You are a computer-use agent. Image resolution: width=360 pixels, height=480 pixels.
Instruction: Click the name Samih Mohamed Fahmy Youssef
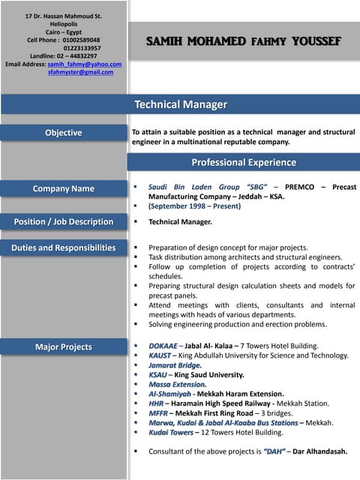point(244,40)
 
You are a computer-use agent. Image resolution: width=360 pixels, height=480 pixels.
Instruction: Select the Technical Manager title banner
point(180,104)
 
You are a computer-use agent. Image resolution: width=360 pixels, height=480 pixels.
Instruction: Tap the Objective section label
point(63,133)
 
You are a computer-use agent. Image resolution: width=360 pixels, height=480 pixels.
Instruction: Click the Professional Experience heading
point(244,162)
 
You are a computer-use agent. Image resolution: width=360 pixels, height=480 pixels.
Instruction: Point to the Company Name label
point(63,189)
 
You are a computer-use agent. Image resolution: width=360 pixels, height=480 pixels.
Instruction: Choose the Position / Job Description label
point(63,222)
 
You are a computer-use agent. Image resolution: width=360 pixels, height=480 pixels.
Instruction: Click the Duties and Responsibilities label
point(63,247)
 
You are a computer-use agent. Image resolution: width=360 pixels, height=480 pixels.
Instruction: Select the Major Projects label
point(63,347)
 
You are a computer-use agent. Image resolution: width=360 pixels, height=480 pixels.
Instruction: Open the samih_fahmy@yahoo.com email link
point(84,64)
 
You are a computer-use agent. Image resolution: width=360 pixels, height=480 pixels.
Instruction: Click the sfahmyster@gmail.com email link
point(80,73)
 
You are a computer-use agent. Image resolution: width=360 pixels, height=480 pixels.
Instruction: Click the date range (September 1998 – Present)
point(194,205)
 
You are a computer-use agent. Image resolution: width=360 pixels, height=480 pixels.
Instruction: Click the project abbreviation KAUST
point(160,355)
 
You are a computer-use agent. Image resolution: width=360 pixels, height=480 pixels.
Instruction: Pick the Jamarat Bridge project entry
point(175,365)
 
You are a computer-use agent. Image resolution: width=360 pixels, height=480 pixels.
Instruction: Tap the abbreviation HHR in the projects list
point(156,403)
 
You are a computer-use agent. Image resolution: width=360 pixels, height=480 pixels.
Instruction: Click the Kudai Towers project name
point(171,433)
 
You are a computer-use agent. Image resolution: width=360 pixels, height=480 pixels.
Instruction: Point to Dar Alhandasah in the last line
point(320,451)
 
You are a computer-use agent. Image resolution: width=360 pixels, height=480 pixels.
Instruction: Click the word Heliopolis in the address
point(64,24)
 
